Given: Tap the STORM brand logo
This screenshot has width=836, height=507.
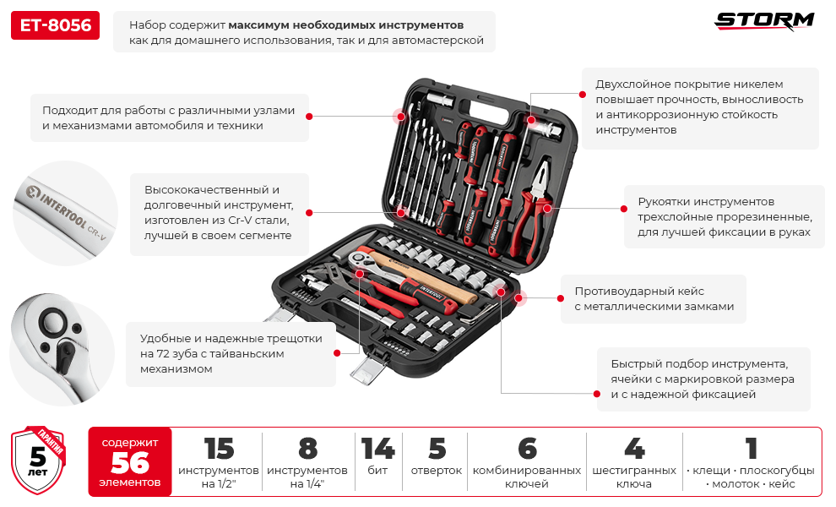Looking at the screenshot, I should (764, 21).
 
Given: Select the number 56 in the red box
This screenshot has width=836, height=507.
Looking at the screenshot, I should (130, 462).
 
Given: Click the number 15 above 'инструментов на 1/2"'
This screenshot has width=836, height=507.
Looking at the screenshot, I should (218, 448).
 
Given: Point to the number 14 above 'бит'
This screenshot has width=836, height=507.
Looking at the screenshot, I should (377, 448).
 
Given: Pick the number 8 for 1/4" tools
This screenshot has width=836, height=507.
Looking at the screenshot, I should (307, 448).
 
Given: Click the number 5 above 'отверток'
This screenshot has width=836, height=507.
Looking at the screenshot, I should (436, 448).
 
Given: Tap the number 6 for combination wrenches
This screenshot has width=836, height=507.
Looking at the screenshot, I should (526, 448).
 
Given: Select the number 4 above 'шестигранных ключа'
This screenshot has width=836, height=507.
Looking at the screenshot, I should (633, 448).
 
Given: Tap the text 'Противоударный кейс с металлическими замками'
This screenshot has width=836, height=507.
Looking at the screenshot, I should (654, 298).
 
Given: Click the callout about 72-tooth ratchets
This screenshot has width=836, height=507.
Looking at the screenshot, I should (230, 354).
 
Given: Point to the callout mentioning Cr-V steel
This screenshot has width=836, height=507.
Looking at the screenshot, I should (219, 213).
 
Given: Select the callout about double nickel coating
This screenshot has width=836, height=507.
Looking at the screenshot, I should (699, 107).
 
